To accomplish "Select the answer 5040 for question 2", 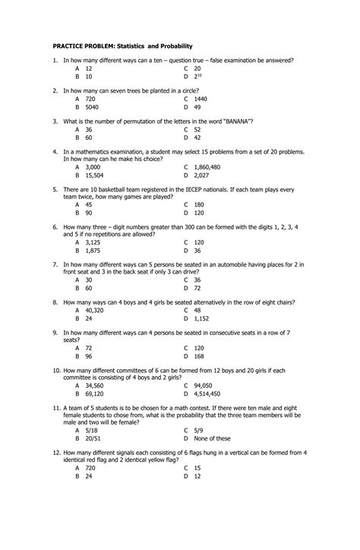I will [x=91, y=107].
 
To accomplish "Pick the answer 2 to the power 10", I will [x=199, y=77].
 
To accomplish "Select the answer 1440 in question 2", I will [x=201, y=99].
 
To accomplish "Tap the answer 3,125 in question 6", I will [x=93, y=242].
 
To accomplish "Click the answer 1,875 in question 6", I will [x=93, y=250].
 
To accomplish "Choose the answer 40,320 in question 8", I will [x=94, y=310].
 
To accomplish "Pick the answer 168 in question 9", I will [x=199, y=356].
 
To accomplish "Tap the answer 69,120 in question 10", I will [x=94, y=394].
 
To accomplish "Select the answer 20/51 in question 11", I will [x=92, y=438].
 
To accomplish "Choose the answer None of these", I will [x=213, y=438].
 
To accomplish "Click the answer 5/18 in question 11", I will [x=91, y=430].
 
